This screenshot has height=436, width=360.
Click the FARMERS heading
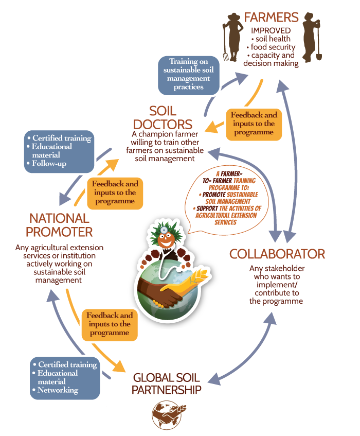271,18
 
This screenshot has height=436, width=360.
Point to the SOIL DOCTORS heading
163,118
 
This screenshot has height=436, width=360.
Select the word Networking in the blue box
58,390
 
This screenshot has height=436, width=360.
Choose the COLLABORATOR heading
277,254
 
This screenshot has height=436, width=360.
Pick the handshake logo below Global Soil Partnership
166,415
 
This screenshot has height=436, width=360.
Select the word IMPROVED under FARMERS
271,30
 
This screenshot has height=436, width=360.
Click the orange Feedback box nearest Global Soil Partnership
110,324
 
